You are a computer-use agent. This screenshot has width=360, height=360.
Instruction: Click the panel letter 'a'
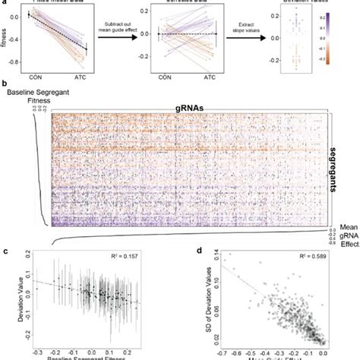click(x=3, y=3)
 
